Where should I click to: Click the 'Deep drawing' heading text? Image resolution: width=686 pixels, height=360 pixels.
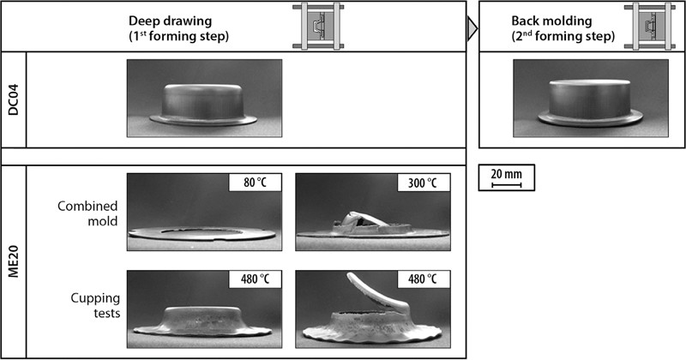click(x=170, y=21)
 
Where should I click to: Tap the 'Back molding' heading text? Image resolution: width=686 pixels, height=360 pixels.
click(x=551, y=21)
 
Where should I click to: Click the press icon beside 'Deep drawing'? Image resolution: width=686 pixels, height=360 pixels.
click(x=318, y=27)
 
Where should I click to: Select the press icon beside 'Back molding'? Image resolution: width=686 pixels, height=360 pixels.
click(x=650, y=27)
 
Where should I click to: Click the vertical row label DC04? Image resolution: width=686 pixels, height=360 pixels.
click(x=14, y=99)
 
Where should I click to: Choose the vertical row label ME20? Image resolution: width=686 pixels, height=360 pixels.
click(x=14, y=261)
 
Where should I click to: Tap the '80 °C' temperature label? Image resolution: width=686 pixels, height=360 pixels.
click(x=255, y=183)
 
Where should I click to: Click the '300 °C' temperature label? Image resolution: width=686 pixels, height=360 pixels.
click(x=423, y=183)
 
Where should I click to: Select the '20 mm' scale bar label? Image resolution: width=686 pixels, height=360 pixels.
click(x=506, y=174)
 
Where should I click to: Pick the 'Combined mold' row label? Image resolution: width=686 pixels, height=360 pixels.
click(x=87, y=213)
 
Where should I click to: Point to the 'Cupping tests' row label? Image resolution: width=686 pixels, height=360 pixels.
click(x=95, y=305)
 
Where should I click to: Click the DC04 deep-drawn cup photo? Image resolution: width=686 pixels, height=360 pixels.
click(x=204, y=99)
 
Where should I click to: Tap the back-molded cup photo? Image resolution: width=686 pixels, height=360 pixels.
click(x=591, y=99)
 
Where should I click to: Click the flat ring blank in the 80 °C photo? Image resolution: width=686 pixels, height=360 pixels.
click(x=202, y=234)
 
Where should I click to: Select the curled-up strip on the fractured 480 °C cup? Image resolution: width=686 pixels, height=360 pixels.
click(x=377, y=291)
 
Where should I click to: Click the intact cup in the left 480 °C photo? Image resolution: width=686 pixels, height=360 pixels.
click(x=202, y=322)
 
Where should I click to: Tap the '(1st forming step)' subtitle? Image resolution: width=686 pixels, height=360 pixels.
click(x=178, y=36)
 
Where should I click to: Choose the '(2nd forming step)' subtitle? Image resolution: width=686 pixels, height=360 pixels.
click(x=563, y=36)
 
